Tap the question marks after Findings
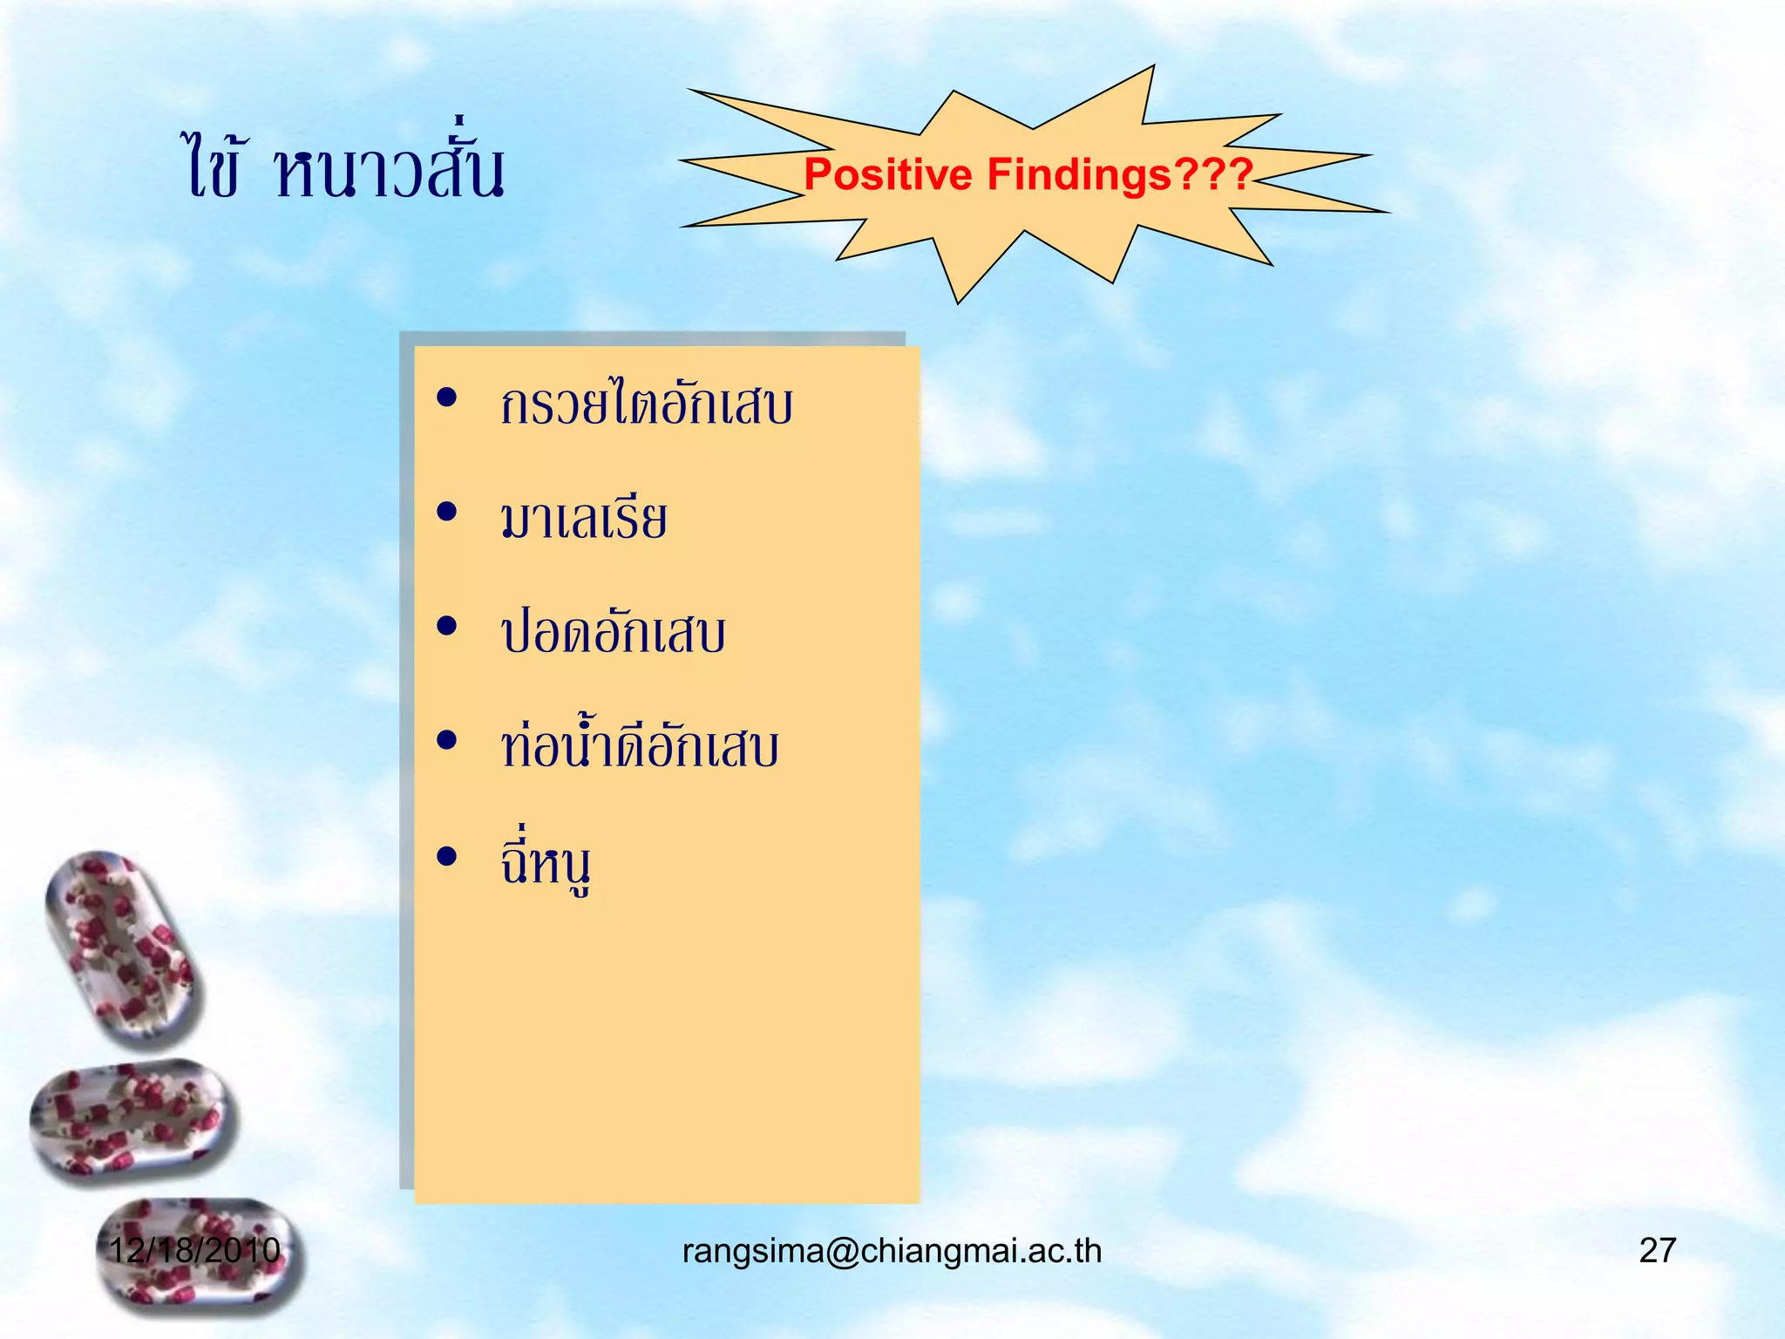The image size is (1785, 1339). click(x=1214, y=174)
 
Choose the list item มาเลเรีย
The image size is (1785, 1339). click(x=583, y=518)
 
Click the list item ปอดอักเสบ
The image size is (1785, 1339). click(x=613, y=632)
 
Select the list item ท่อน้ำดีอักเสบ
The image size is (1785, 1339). click(x=639, y=747)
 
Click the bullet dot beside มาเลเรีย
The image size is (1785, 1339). click(x=447, y=512)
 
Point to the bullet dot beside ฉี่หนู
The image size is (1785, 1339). click(x=447, y=857)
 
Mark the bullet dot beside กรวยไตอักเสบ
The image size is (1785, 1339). click(x=447, y=398)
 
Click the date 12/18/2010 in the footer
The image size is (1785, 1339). click(x=193, y=1250)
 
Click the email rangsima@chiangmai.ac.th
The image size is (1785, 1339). click(x=892, y=1251)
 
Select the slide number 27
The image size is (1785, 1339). click(x=1657, y=1250)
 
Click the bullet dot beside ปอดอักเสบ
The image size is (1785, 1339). click(x=447, y=626)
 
